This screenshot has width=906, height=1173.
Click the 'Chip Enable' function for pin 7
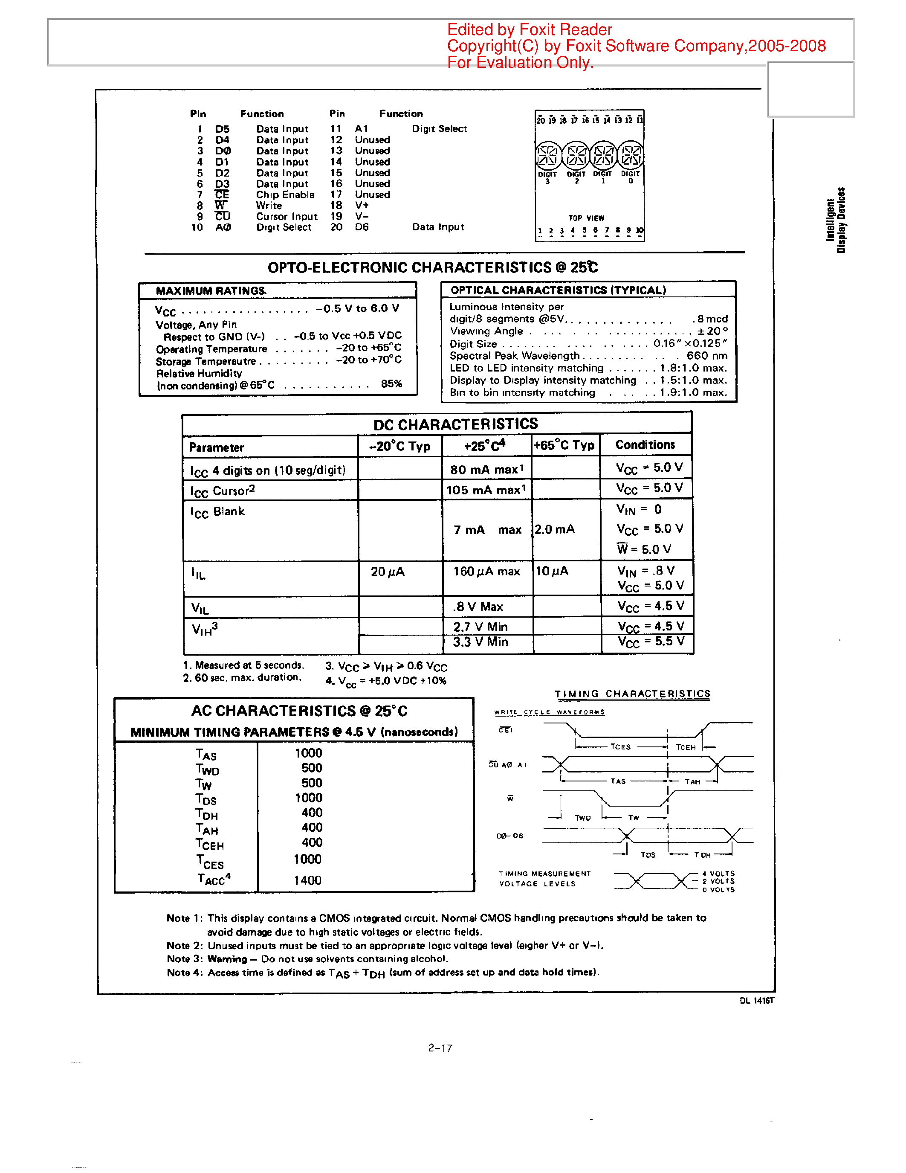(x=284, y=195)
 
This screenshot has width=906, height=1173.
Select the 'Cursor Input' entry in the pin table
(x=287, y=216)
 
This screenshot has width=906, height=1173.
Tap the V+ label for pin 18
(x=362, y=205)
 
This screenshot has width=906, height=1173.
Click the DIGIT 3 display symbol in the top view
(x=548, y=155)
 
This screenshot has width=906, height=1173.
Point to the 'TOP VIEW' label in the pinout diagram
(x=586, y=218)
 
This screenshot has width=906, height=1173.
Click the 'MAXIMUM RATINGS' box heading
(x=210, y=290)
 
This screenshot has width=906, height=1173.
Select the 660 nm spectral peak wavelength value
(x=707, y=356)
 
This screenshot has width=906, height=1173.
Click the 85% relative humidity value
(x=391, y=383)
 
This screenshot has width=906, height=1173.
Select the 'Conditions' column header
(x=645, y=445)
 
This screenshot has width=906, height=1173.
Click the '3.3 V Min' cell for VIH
(x=480, y=642)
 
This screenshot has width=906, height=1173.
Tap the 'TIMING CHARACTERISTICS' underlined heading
(x=632, y=694)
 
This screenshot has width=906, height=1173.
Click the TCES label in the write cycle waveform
(x=620, y=746)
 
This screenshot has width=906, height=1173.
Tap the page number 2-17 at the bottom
(x=440, y=1048)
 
